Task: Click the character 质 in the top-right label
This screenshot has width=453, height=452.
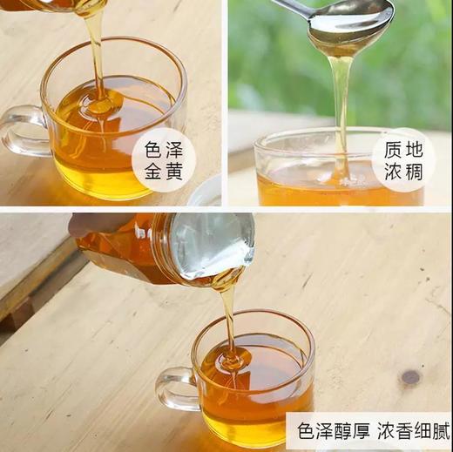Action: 392,149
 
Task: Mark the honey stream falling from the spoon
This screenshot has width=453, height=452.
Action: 342,105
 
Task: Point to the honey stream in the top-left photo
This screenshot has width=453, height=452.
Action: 95,52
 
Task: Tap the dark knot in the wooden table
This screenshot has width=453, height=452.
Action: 409,377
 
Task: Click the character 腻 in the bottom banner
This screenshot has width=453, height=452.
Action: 437,431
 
